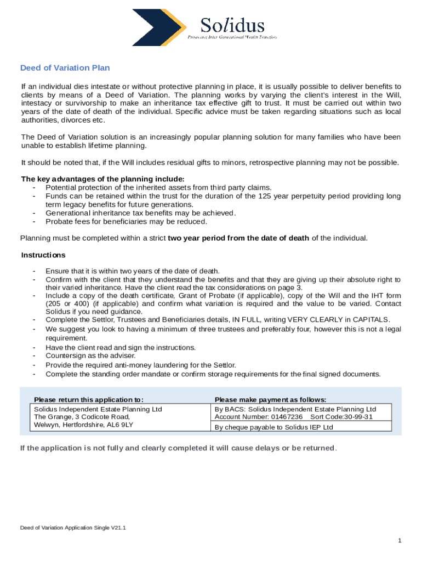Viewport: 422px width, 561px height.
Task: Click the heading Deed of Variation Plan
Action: point(65,68)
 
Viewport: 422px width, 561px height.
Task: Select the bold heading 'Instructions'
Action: point(43,255)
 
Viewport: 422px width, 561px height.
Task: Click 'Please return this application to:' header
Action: point(89,399)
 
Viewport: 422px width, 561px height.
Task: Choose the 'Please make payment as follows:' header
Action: point(270,399)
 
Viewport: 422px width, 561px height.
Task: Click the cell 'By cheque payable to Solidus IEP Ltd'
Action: point(273,427)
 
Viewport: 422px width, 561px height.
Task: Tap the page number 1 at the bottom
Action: point(400,541)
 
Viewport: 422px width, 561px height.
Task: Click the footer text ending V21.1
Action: point(73,528)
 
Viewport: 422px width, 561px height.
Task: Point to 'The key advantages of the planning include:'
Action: point(102,179)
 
